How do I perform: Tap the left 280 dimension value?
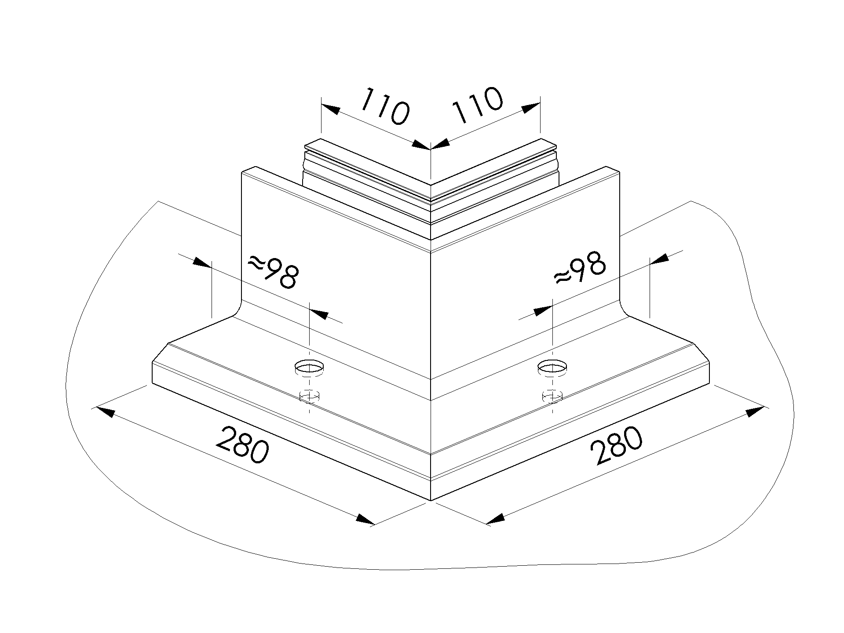[x=243, y=445]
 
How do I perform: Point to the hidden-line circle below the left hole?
[x=309, y=397]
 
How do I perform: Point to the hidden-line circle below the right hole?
[x=552, y=396]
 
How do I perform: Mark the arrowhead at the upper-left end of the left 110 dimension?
[x=330, y=109]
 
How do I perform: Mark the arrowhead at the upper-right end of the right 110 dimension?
[x=531, y=108]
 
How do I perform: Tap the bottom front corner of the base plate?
[x=431, y=501]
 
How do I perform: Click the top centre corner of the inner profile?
[x=431, y=185]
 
